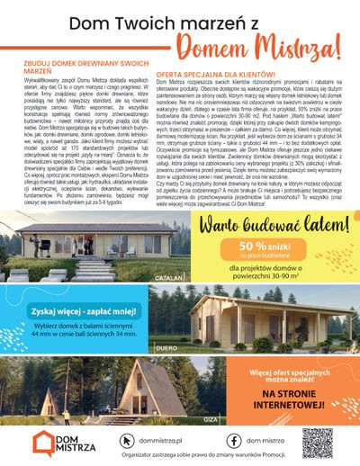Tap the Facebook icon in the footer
coord(233,441)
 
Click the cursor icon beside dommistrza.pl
coord(126,441)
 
